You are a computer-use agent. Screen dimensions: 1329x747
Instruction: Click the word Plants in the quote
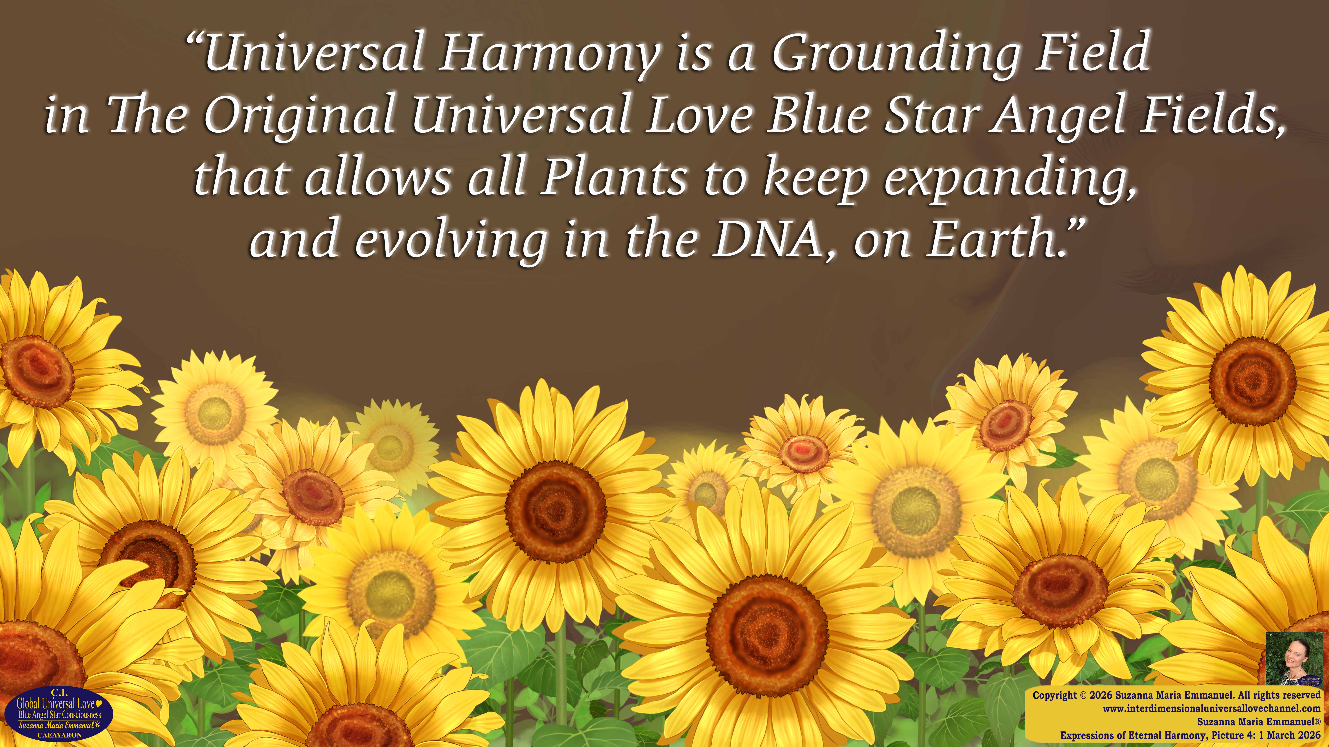point(613,177)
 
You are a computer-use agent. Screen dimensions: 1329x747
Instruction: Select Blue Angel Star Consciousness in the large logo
point(59,715)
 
